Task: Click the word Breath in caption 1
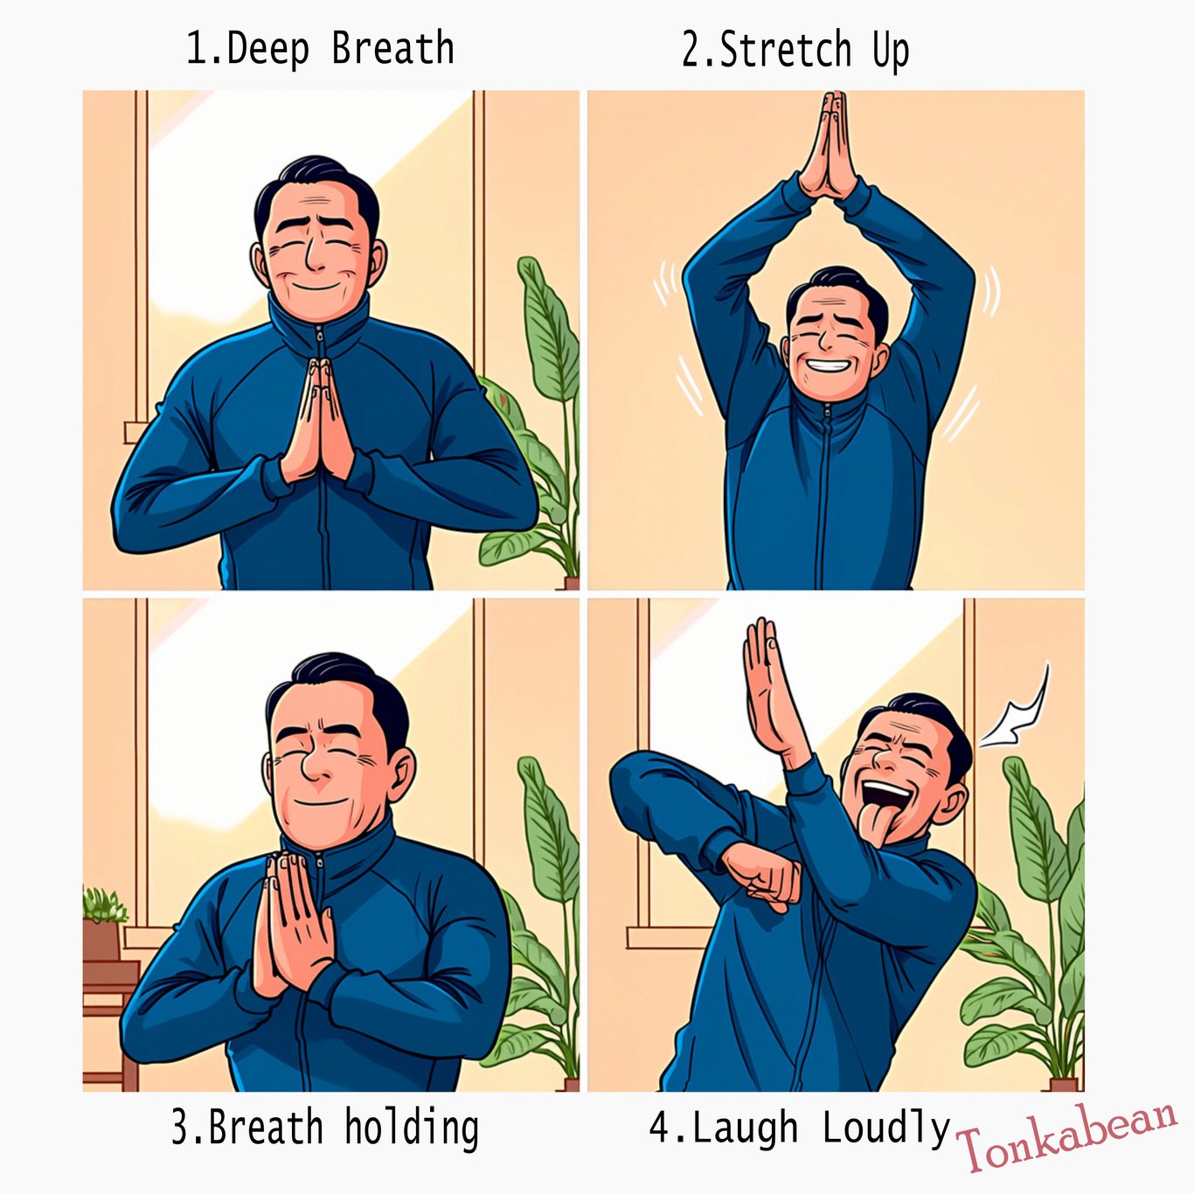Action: [x=392, y=49]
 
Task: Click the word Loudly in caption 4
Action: [x=886, y=1128]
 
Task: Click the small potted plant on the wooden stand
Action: [x=104, y=923]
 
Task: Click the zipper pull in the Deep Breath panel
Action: [x=319, y=336]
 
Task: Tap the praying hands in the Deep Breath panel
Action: [x=316, y=420]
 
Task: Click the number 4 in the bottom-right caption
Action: [x=659, y=1127]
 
